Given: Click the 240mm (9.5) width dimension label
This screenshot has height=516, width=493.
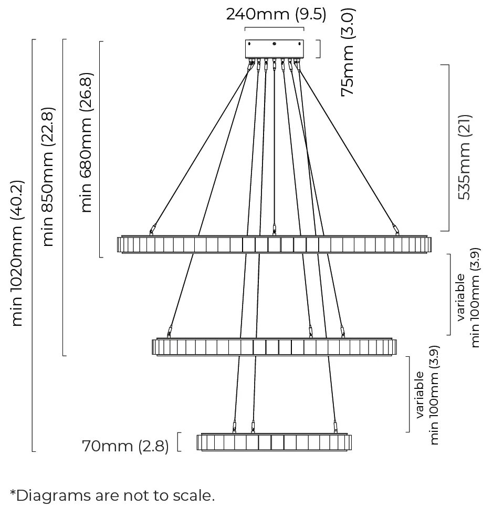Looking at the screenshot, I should click(276, 14).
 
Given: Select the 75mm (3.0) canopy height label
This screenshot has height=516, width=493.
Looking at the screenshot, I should click(348, 51).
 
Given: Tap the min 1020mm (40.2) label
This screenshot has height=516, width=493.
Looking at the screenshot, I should click(17, 253).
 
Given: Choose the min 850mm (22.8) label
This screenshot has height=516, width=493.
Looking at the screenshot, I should click(48, 176).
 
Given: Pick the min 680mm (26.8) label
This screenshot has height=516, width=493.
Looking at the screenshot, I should click(87, 142).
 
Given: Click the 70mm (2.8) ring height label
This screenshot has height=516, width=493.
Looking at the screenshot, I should click(125, 446).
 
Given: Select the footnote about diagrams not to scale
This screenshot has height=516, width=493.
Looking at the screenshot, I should click(112, 495).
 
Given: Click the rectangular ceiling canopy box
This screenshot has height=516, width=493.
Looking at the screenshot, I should click(274, 49).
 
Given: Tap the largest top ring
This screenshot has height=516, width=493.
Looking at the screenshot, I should click(274, 244).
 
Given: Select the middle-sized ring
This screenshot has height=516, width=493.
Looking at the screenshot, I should click(274, 347).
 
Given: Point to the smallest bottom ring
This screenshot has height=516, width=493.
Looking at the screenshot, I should click(274, 442).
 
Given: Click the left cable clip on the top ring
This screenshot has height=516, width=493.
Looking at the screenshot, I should click(153, 229).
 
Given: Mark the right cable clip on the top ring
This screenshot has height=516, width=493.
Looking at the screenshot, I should click(396, 228).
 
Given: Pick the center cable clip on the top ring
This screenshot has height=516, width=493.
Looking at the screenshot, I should click(274, 229).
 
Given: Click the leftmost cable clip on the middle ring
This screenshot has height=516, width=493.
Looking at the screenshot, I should click(169, 332).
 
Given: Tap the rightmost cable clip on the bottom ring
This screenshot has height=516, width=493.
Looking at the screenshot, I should click(335, 426).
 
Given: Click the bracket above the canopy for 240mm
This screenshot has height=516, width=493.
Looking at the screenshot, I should click(274, 28).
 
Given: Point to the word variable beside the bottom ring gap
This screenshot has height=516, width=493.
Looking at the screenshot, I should click(420, 395).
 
